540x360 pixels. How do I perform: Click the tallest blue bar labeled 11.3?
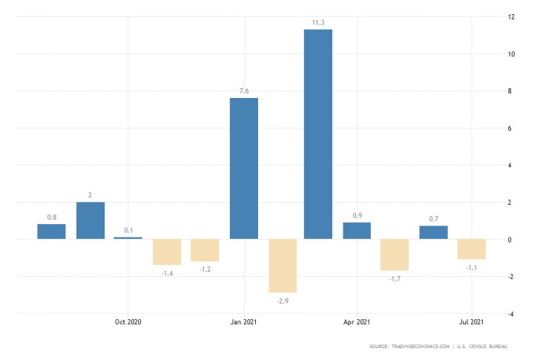click(x=318, y=134)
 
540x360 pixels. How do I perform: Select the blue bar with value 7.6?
click(x=244, y=168)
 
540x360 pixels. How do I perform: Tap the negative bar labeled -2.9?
click(x=283, y=266)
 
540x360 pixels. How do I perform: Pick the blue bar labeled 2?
click(x=90, y=220)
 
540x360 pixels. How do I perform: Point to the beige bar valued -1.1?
click(x=472, y=249)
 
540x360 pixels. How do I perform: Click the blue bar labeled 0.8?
click(x=52, y=232)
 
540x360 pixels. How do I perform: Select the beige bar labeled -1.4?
click(x=167, y=252)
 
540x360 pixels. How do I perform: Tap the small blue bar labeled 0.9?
click(x=357, y=231)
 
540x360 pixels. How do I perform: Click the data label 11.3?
click(x=318, y=23)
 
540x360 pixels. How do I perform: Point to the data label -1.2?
click(x=205, y=268)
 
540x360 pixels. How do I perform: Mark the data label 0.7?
click(x=434, y=219)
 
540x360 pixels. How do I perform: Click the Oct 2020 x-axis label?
click(x=128, y=321)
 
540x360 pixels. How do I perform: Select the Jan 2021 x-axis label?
click(x=244, y=321)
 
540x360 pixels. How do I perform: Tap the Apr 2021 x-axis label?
click(x=357, y=321)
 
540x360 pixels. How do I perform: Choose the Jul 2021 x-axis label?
click(x=472, y=321)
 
